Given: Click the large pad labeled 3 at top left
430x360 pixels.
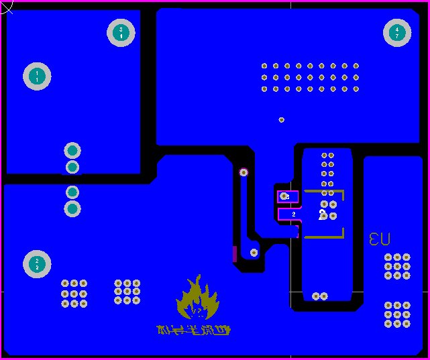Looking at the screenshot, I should click(121, 33).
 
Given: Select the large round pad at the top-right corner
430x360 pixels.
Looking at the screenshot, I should click(396, 33).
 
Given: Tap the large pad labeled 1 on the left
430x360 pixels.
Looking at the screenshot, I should click(37, 76).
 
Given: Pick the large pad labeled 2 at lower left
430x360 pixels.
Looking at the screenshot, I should click(37, 263).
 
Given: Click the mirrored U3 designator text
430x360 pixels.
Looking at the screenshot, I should click(380, 239).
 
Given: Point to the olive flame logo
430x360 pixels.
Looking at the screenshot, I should click(197, 299).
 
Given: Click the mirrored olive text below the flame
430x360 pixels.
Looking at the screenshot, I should click(193, 331).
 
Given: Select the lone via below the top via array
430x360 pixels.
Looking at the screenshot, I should click(281, 120).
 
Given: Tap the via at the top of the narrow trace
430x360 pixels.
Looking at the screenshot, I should click(244, 172).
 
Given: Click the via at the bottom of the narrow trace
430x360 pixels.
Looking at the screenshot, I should click(254, 253).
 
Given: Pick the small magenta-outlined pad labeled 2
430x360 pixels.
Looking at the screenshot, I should click(289, 215).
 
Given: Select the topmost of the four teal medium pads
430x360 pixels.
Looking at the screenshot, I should click(72, 150).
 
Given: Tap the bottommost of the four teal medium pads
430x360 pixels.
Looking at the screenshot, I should click(72, 208).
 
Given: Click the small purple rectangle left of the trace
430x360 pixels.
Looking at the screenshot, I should click(235, 253).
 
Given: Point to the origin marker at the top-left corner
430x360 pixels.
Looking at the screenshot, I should click(5, 7).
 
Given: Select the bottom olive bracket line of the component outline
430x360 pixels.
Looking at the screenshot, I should click(324, 237).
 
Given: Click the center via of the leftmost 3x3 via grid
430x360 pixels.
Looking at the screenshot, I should click(74, 294).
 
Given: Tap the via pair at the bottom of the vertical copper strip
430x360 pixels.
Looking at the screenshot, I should click(320, 296).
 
